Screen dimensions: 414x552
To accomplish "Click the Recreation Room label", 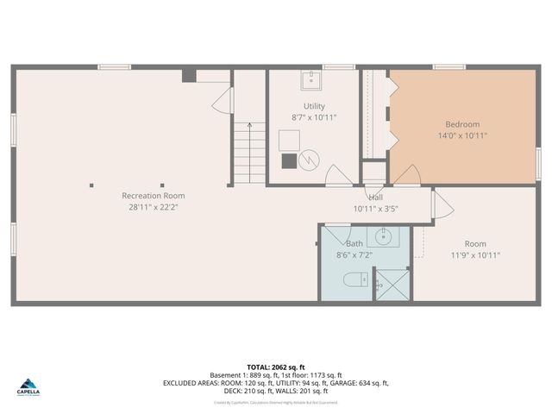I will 154,196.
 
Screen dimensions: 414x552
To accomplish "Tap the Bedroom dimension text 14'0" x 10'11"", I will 461,135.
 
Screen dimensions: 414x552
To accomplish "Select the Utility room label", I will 313,106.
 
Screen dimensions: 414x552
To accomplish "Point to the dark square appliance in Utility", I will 289,160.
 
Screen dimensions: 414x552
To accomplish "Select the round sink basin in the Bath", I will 383,235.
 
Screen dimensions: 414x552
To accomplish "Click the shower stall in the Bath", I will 392,285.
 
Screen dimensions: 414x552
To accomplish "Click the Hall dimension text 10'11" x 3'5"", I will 375,209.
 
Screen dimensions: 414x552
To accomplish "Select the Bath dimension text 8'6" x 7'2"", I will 354,255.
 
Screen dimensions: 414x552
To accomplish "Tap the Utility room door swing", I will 338,175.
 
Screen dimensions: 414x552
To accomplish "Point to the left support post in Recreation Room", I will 92,185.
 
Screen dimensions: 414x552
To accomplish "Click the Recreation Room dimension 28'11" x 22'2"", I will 154,207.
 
